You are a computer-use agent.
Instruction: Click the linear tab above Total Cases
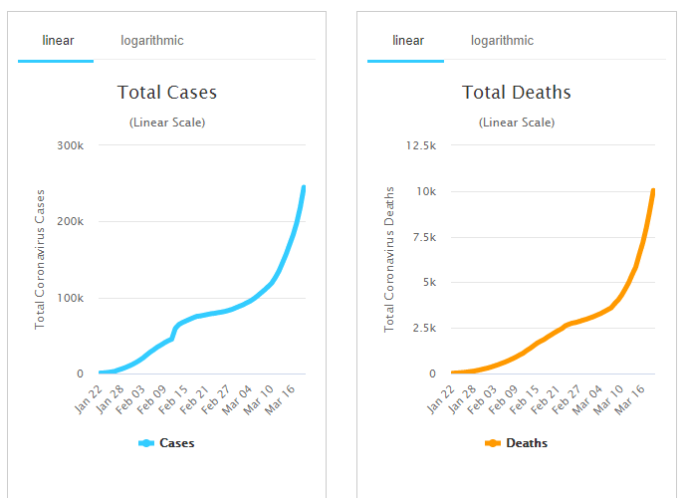tap(58, 41)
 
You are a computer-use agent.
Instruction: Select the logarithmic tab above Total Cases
tap(152, 41)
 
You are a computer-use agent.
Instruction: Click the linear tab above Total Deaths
tap(408, 41)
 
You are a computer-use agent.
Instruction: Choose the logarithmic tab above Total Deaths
tap(502, 41)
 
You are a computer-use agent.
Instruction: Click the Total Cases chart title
tap(167, 93)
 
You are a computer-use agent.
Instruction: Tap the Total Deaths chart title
tap(517, 93)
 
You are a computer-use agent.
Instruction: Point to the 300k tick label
tap(70, 145)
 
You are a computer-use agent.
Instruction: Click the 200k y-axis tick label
tap(70, 221)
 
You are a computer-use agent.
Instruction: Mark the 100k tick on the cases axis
tap(70, 298)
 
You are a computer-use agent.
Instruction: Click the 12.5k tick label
tap(421, 145)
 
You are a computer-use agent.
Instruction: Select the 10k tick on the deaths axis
tap(425, 191)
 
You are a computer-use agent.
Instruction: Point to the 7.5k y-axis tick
tap(423, 237)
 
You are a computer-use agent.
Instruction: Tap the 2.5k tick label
tap(423, 328)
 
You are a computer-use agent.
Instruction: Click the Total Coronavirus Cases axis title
tap(41, 258)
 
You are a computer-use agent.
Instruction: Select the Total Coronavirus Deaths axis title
tap(390, 258)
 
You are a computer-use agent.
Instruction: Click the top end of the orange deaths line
tap(653, 190)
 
